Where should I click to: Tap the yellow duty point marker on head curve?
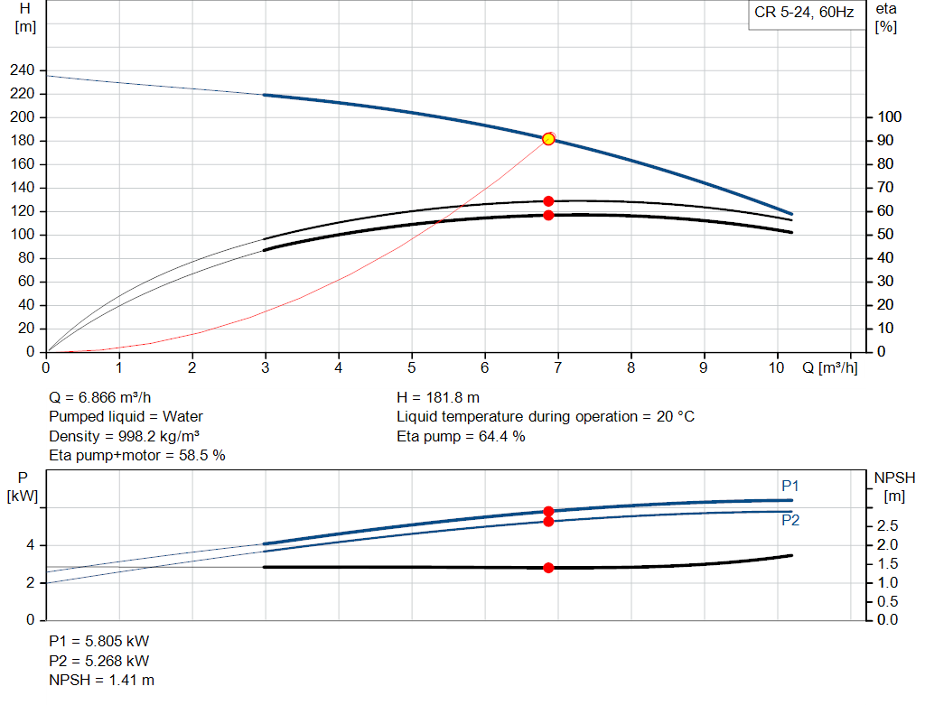(548, 139)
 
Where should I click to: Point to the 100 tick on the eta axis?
(890, 117)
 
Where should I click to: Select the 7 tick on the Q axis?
(558, 367)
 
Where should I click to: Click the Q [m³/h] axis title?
(829, 367)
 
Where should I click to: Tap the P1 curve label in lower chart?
(790, 486)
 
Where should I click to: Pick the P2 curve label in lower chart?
(790, 520)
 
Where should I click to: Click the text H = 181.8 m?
(438, 397)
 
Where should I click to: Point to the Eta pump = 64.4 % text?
(461, 436)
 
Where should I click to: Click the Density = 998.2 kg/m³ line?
(124, 436)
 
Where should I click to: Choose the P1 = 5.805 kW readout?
(98, 641)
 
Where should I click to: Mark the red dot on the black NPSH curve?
(548, 568)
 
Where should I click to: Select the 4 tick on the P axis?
(31, 545)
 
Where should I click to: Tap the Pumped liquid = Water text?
(126, 417)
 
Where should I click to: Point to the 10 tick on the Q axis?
(777, 367)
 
